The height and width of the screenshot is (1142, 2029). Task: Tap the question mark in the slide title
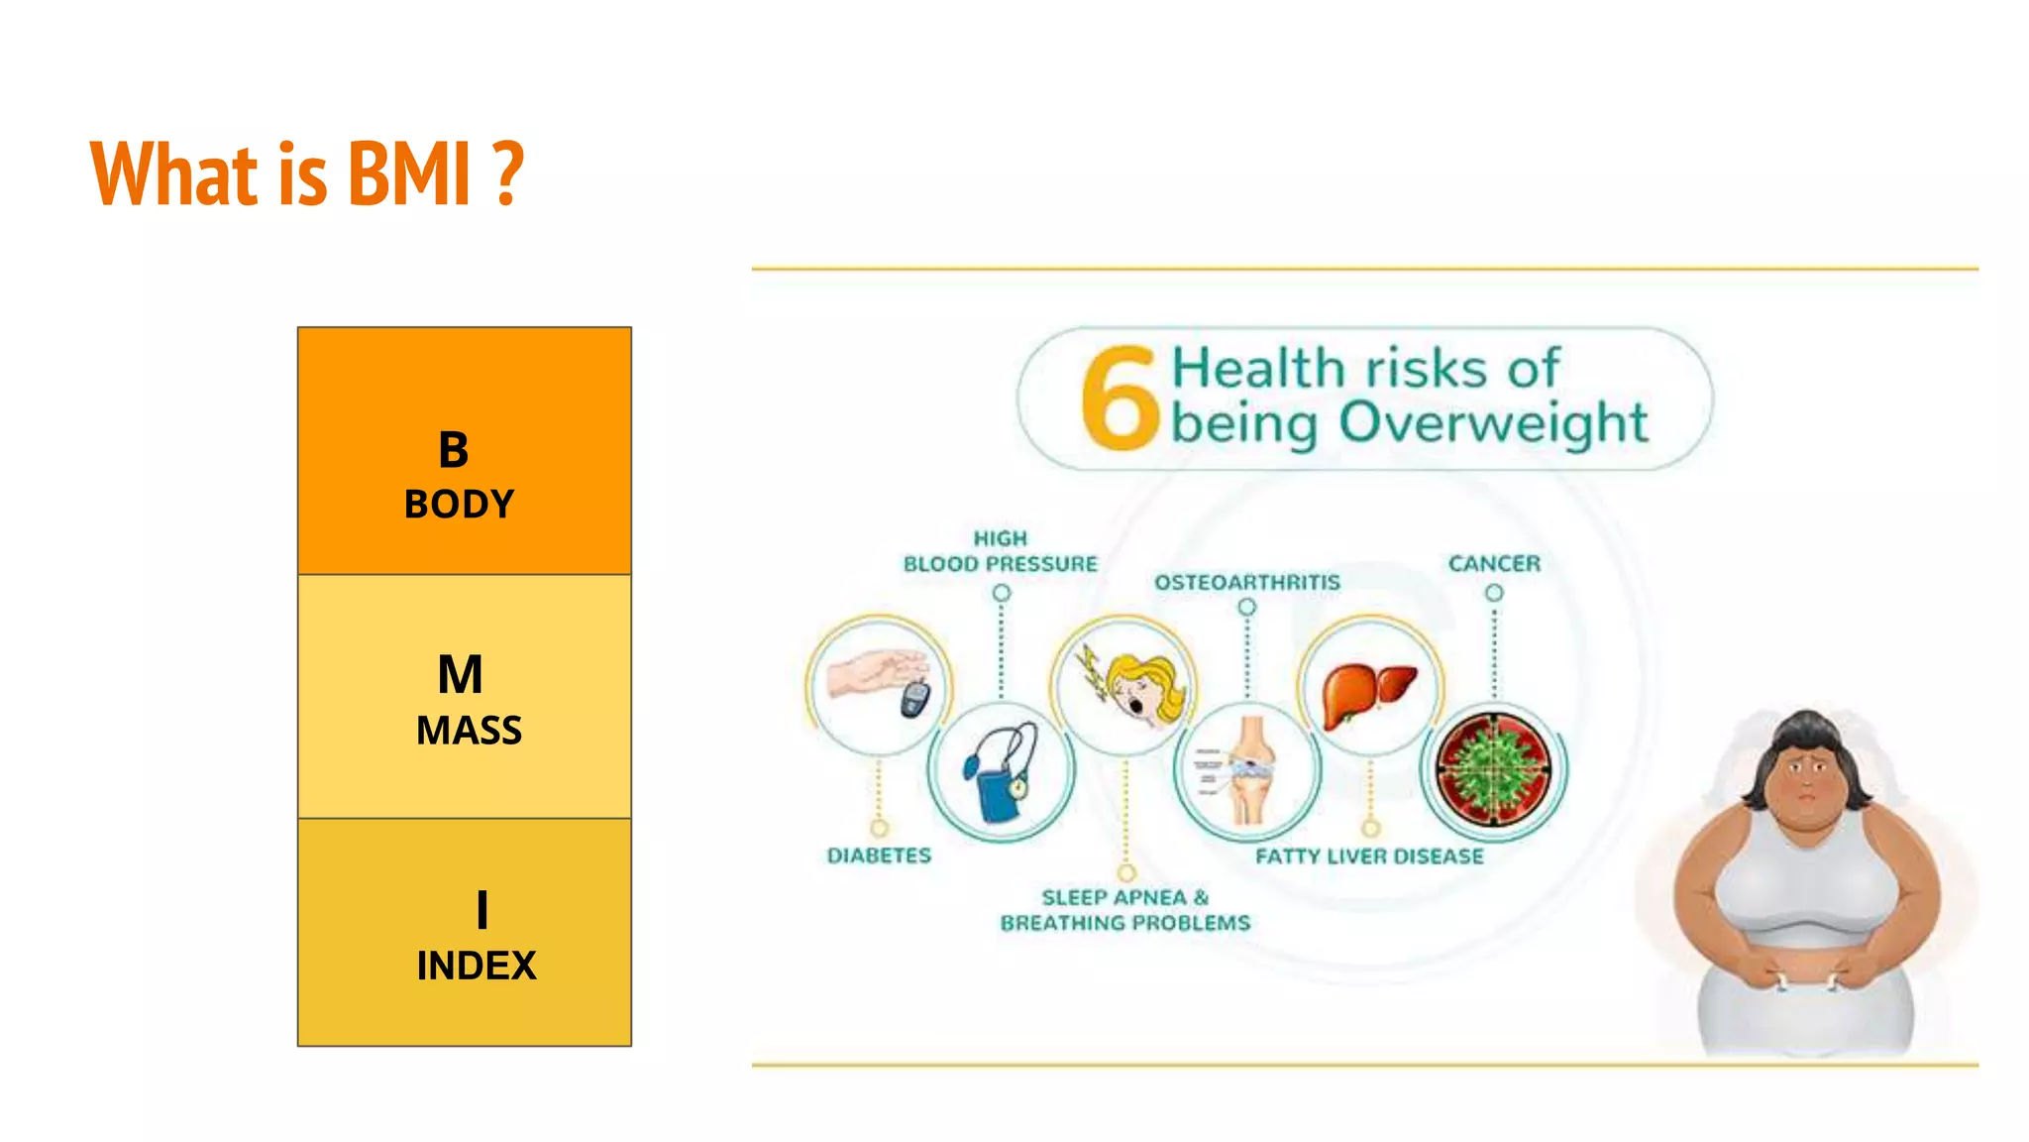click(508, 174)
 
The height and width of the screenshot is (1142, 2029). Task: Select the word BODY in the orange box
click(460, 505)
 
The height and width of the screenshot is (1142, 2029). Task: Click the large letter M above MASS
click(461, 675)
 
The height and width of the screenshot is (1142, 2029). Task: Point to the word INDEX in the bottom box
click(476, 966)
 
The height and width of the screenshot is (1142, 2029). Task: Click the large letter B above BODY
click(454, 450)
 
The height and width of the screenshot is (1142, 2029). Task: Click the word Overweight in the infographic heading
click(1493, 423)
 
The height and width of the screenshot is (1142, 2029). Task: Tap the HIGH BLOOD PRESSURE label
click(1000, 552)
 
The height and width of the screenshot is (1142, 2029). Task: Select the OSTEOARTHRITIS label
click(1246, 582)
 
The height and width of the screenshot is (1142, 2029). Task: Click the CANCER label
click(1494, 564)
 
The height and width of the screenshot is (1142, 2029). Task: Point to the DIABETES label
click(879, 856)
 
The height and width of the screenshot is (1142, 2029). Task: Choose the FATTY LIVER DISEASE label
click(1369, 856)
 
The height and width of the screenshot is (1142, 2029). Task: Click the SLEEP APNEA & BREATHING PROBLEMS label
click(1125, 910)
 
